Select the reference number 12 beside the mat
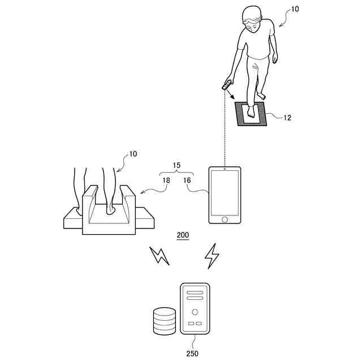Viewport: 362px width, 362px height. pos(287,118)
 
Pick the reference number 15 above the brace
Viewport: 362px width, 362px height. pos(176,166)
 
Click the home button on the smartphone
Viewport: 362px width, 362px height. pos(225,219)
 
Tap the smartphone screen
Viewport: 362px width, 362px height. pos(225,192)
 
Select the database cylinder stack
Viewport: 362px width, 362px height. pos(165,321)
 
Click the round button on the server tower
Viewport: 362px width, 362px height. pos(195,312)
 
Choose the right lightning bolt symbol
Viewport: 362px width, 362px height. pos(212,256)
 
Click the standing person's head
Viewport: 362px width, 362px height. pos(253,18)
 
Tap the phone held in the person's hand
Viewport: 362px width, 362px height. pos(227,86)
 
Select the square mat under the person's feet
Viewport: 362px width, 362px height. pos(250,115)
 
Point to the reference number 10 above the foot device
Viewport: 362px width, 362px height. pos(133,154)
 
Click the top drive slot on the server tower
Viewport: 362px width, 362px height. pos(195,292)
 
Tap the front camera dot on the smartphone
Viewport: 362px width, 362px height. pos(225,169)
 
